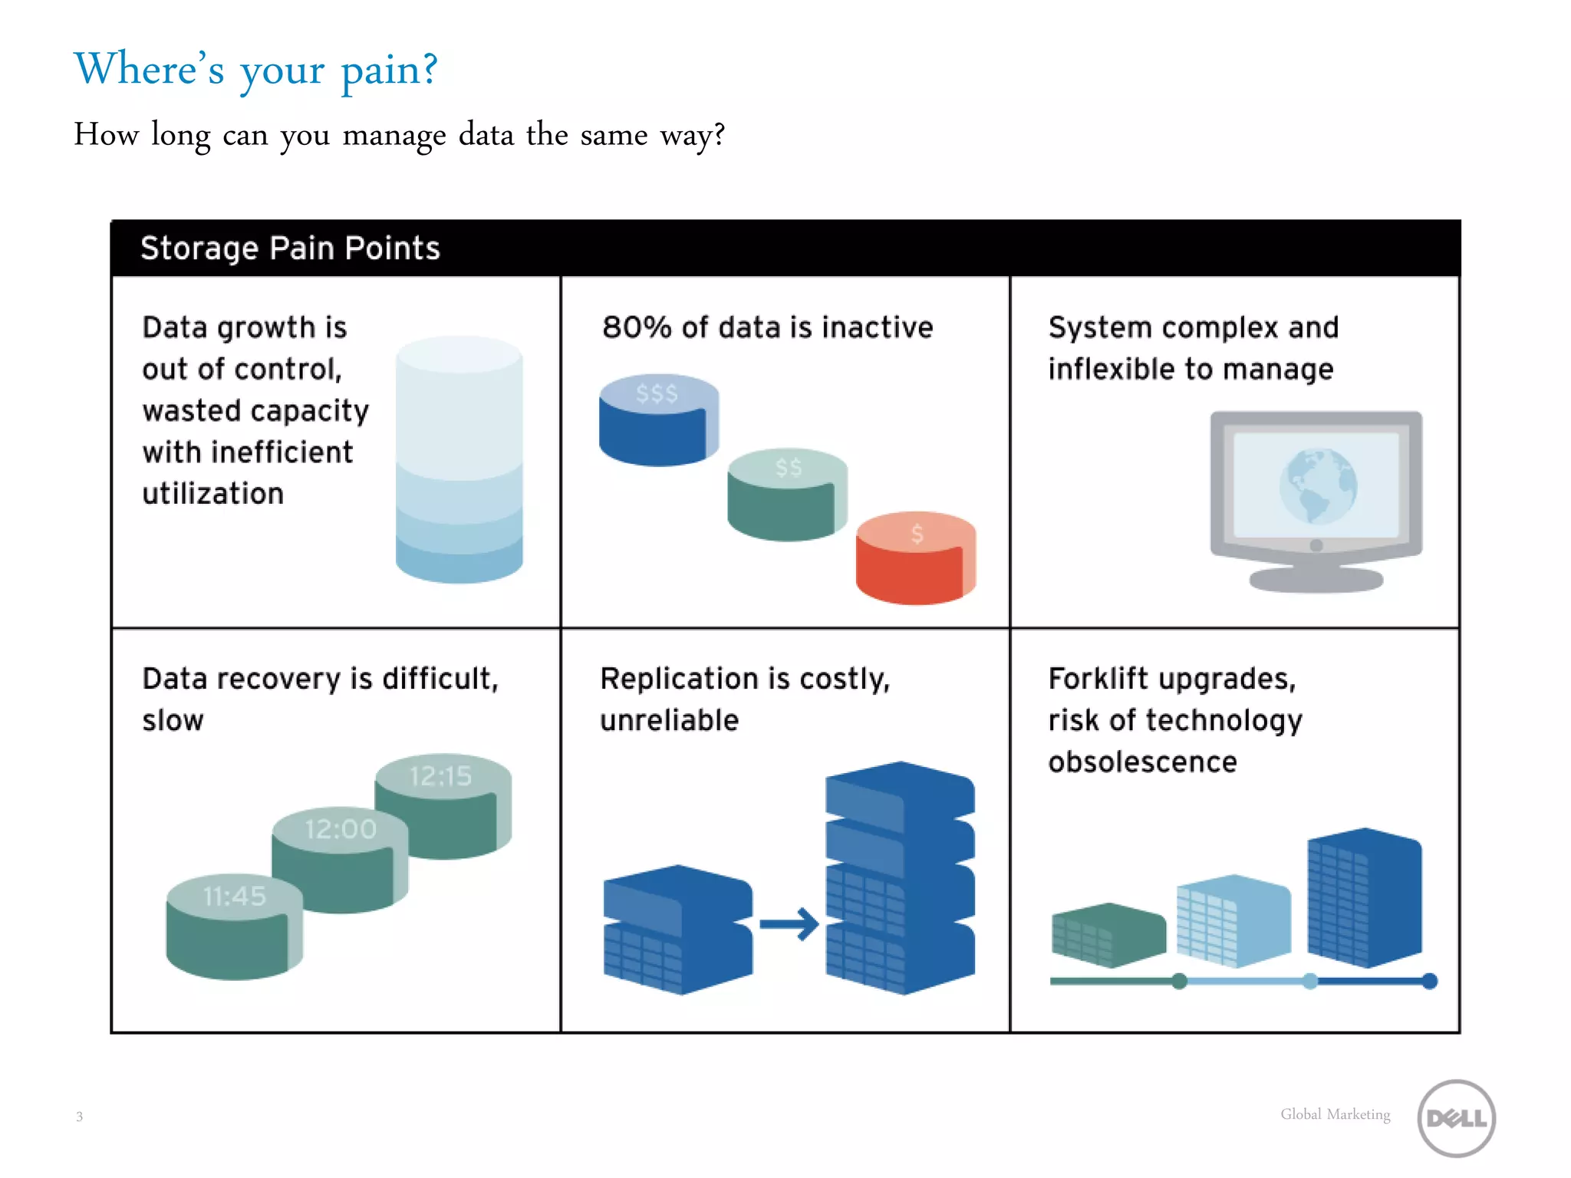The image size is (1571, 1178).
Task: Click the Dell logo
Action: click(x=1455, y=1117)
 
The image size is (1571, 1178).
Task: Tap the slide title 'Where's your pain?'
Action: click(x=255, y=70)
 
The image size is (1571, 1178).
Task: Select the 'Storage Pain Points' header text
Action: click(x=290, y=248)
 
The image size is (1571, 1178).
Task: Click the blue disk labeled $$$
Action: click(x=657, y=422)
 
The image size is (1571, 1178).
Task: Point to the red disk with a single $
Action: click(x=915, y=559)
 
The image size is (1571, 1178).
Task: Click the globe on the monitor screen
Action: click(x=1317, y=485)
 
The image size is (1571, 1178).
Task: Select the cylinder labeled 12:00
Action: click(x=340, y=859)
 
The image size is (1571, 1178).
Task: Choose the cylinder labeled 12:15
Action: click(x=443, y=805)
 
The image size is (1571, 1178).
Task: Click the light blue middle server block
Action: click(x=1233, y=920)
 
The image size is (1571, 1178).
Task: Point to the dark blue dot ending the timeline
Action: click(x=1429, y=981)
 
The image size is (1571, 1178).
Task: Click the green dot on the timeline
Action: click(x=1179, y=981)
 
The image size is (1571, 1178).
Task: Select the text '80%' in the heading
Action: click(x=636, y=327)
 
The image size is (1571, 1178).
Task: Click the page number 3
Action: click(x=79, y=1117)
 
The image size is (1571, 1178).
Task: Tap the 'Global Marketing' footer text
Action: click(x=1335, y=1114)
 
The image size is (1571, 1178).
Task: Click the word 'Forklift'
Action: click(x=1098, y=679)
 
